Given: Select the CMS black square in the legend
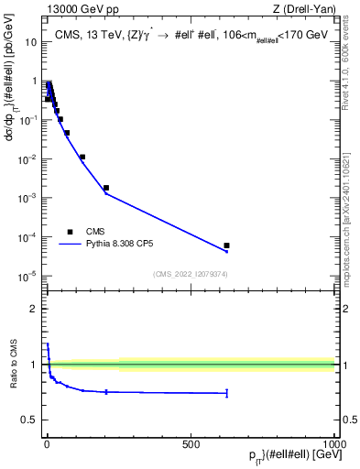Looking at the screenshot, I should tap(70, 232).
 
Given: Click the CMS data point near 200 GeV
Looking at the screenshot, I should tap(106, 188).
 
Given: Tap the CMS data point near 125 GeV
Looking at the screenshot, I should tap(82, 157).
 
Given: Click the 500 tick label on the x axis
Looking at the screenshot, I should tap(191, 443).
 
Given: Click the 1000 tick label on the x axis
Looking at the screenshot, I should tap(333, 443).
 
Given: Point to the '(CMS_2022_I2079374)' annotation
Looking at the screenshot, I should tap(191, 272).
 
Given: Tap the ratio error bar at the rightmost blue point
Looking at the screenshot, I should tap(226, 393).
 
